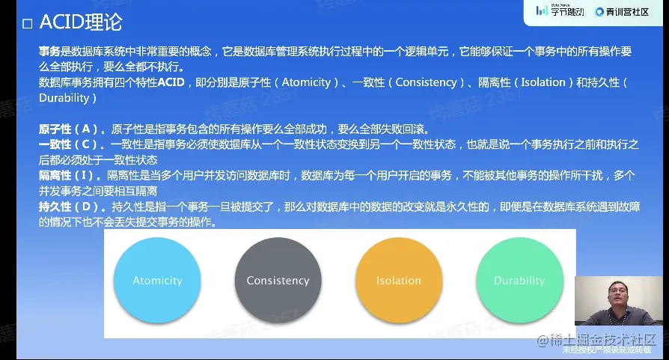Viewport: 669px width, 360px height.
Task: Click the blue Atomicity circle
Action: click(x=157, y=280)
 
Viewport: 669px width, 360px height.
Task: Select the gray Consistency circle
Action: click(x=278, y=280)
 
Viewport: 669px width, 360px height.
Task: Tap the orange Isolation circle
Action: click(x=399, y=280)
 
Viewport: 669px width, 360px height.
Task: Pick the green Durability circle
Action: click(x=519, y=280)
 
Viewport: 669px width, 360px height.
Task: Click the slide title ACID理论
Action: click(x=81, y=22)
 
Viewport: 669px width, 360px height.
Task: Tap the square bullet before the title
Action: click(x=27, y=23)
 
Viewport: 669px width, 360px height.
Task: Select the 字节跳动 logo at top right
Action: click(x=560, y=11)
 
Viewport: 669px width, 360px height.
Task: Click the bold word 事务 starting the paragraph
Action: click(x=49, y=52)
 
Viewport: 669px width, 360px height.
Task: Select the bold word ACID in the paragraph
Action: click(x=171, y=82)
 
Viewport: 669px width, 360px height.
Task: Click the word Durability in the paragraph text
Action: click(x=64, y=98)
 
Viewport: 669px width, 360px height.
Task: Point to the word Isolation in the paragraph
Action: click(x=543, y=82)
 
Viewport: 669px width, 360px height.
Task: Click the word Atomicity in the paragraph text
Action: click(x=306, y=82)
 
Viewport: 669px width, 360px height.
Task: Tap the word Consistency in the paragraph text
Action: click(x=426, y=82)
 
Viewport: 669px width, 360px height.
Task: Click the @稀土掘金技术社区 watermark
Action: click(x=596, y=340)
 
